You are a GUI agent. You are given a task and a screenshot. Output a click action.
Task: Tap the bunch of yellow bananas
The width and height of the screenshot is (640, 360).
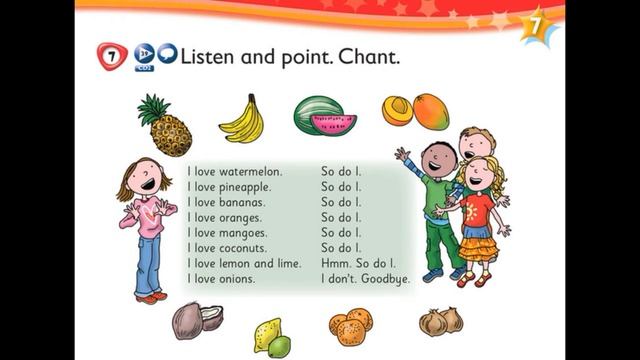coord(241,119)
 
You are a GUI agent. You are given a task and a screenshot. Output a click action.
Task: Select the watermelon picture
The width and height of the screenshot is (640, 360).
coord(324,116)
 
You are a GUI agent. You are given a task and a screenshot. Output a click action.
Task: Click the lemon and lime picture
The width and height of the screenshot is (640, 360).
coord(271,337)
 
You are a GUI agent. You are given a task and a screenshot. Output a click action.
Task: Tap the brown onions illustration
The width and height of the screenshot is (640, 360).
coord(441,321)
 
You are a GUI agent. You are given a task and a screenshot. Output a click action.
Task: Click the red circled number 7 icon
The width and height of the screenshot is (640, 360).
coord(111,57)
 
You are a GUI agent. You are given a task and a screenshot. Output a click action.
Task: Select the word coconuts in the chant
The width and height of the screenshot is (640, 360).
coord(247,248)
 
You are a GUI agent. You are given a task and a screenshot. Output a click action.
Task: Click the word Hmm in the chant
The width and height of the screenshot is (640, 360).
coord(334,263)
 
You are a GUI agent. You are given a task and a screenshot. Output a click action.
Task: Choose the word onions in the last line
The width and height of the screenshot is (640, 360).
coord(235,279)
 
